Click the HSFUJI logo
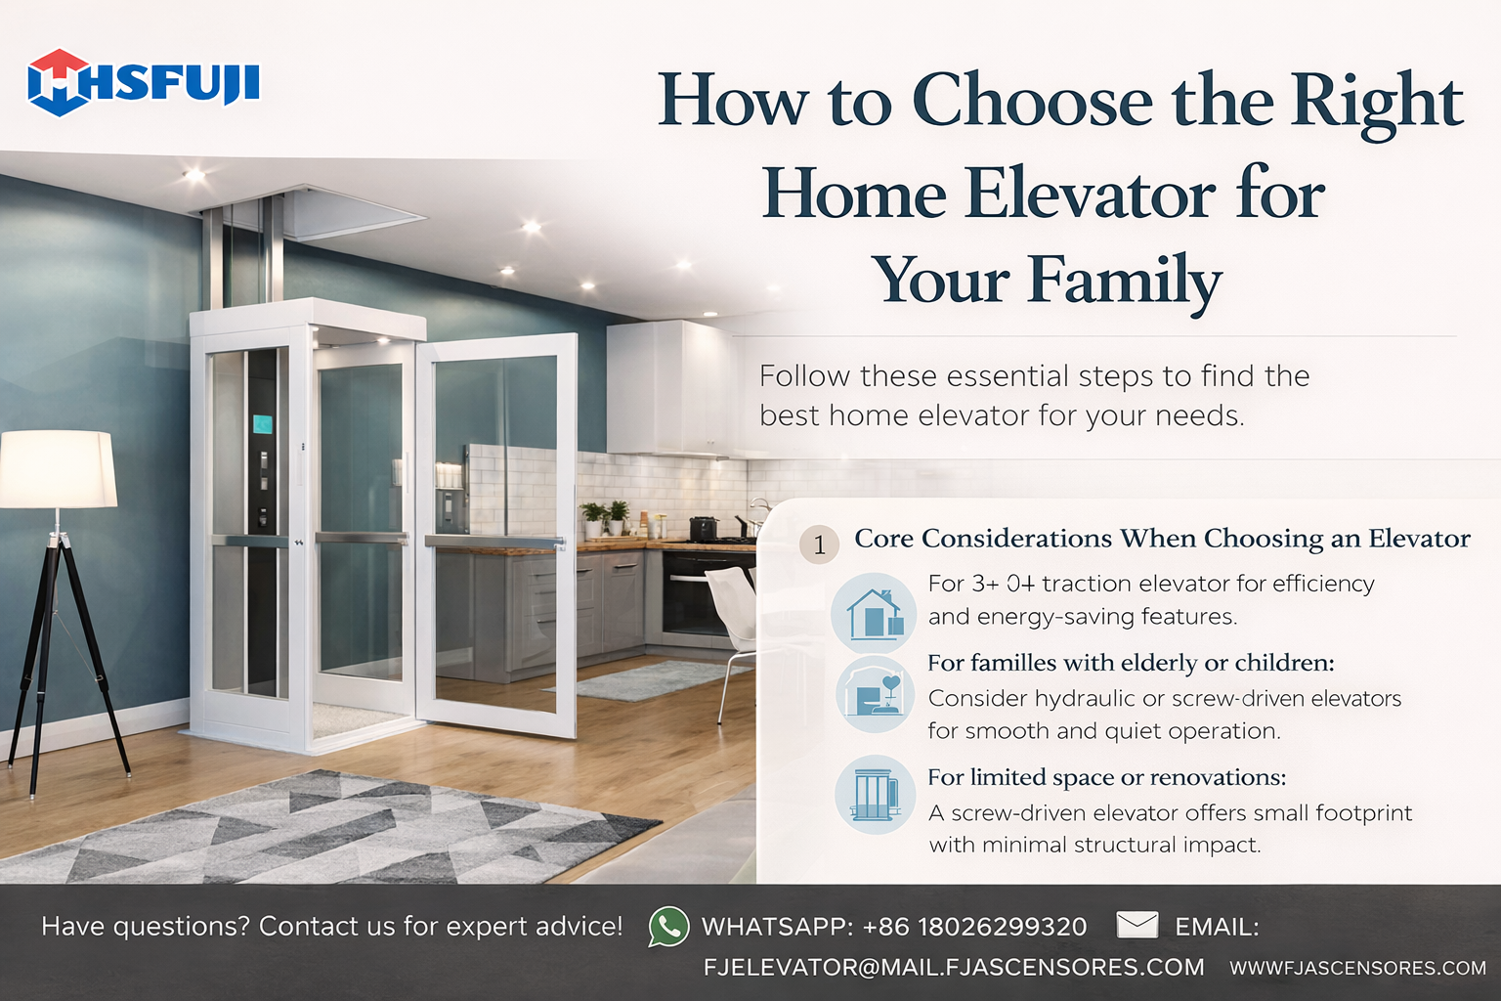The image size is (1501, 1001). click(x=144, y=83)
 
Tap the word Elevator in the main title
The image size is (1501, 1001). click(x=1090, y=196)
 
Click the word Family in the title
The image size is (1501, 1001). click(x=1126, y=281)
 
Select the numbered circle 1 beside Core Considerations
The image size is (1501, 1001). click(x=819, y=544)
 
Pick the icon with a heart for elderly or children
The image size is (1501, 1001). click(x=876, y=695)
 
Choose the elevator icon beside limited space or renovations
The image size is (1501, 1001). click(x=876, y=795)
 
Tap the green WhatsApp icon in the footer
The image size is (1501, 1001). click(x=668, y=927)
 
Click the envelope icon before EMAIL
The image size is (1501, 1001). click(x=1137, y=925)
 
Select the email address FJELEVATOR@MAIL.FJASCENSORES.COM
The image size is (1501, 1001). click(x=954, y=967)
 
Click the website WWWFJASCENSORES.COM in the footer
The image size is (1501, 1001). click(x=1358, y=968)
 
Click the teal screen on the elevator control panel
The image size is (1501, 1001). click(x=262, y=424)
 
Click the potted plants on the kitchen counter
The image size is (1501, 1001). click(x=606, y=517)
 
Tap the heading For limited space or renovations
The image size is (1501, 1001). click(x=1107, y=777)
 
